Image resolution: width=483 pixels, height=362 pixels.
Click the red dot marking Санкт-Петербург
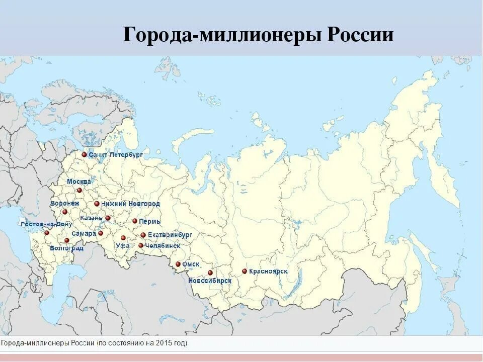click(x=85, y=155)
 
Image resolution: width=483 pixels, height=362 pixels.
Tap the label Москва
click(x=79, y=182)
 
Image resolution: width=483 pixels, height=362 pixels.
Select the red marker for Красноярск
click(x=245, y=271)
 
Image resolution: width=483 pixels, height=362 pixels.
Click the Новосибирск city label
click(x=210, y=281)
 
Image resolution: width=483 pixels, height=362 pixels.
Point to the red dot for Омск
click(x=178, y=264)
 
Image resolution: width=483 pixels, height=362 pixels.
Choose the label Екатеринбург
click(x=170, y=235)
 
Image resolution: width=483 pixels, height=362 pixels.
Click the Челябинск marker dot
click(x=141, y=245)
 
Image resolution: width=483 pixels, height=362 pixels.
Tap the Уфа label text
click(x=122, y=246)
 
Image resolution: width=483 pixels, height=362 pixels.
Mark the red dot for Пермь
click(x=135, y=221)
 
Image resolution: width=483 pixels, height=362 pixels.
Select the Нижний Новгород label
click(x=130, y=204)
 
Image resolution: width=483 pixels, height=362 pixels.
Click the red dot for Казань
click(x=108, y=218)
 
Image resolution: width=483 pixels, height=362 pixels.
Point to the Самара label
click(x=84, y=234)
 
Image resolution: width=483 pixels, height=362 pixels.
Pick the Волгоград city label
click(x=67, y=248)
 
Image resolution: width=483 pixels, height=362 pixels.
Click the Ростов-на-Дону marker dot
click(x=47, y=232)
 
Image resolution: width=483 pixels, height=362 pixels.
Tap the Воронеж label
click(x=65, y=204)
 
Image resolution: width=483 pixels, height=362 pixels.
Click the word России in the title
click(x=360, y=36)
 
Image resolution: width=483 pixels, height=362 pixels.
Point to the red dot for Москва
click(x=79, y=190)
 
